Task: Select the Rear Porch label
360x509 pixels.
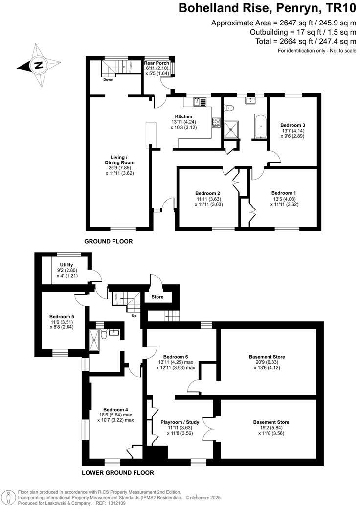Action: [x=156, y=64]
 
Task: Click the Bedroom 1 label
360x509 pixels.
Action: [x=284, y=193]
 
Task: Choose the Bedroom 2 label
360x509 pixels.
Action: [x=208, y=193]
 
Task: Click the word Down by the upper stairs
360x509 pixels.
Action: [x=108, y=79]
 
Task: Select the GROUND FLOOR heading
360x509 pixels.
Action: [x=109, y=241]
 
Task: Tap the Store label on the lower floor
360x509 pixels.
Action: [x=157, y=297]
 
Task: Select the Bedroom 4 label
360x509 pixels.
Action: [x=115, y=409]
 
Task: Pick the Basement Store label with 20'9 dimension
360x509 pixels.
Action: [x=266, y=357]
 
